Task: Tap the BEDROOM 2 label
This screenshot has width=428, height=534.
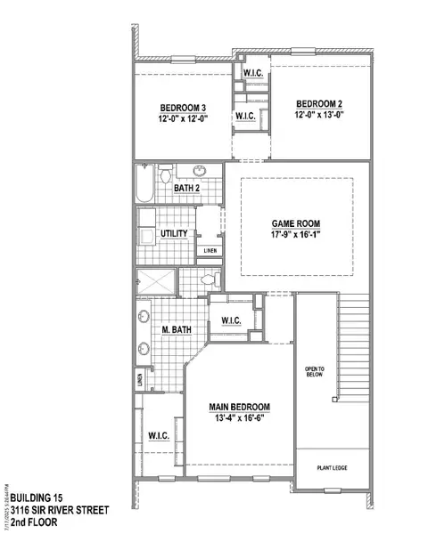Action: coord(321,102)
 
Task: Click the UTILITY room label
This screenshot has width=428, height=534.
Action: coord(173,234)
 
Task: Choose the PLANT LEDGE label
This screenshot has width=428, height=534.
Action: coord(331,466)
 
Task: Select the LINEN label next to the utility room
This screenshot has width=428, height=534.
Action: coord(209,250)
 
